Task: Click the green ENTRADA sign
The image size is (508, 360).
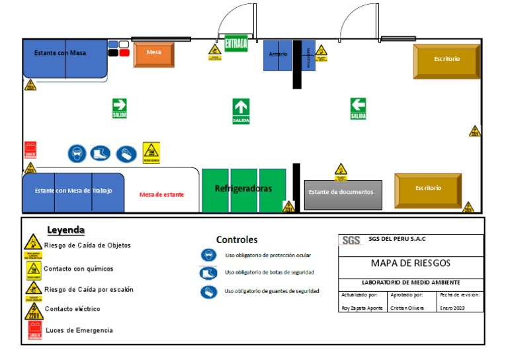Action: coord(236,44)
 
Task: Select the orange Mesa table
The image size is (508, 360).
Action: coord(154,55)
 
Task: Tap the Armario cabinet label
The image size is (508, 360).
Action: coord(278,54)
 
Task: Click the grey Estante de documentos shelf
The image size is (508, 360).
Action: coord(343,194)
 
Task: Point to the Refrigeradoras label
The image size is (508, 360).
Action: coord(243,189)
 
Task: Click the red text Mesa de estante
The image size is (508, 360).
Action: coord(161,195)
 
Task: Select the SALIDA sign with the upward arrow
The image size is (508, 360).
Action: coord(241,111)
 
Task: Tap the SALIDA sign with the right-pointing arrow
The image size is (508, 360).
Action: coord(119,108)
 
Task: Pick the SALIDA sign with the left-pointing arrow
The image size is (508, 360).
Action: coord(358,108)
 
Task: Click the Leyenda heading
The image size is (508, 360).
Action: coord(65,230)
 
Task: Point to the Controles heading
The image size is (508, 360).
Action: coord(237,240)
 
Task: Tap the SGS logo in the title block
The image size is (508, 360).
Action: coord(351,240)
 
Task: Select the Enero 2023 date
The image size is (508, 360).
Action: coord(452,308)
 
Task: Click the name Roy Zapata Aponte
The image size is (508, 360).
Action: coord(362,308)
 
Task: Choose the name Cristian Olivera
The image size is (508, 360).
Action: coord(407,308)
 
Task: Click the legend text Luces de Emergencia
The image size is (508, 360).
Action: coord(79,330)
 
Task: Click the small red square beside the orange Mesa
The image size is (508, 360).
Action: coord(124,53)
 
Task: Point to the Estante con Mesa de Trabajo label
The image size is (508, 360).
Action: coord(73,191)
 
